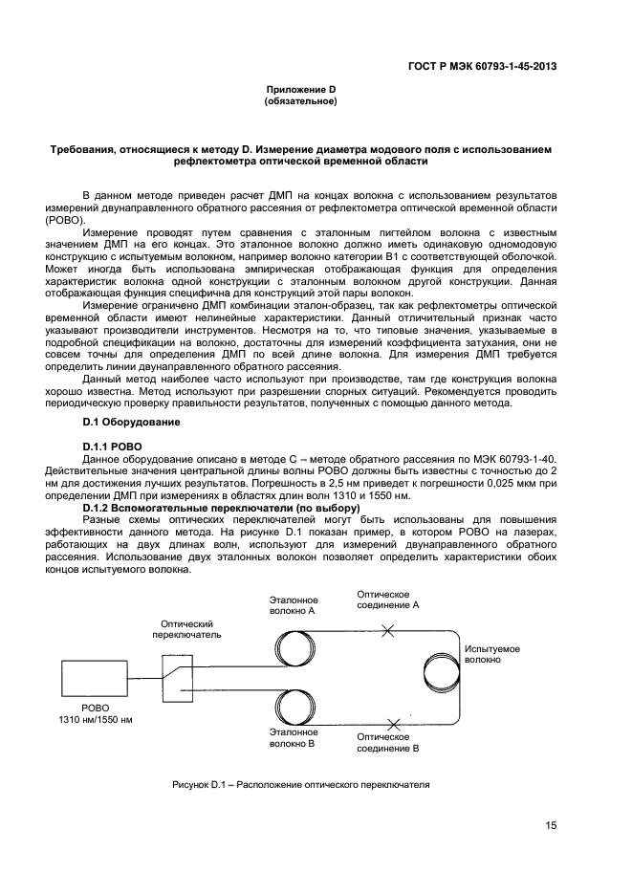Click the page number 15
click(552, 826)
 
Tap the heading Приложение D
click(300, 89)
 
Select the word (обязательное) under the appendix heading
click(300, 100)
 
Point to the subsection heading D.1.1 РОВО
click(112, 447)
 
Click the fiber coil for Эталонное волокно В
click(299, 709)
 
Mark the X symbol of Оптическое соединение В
click(393, 723)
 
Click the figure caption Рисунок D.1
click(300, 785)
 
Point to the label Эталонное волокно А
click(293, 603)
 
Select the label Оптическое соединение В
click(388, 743)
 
